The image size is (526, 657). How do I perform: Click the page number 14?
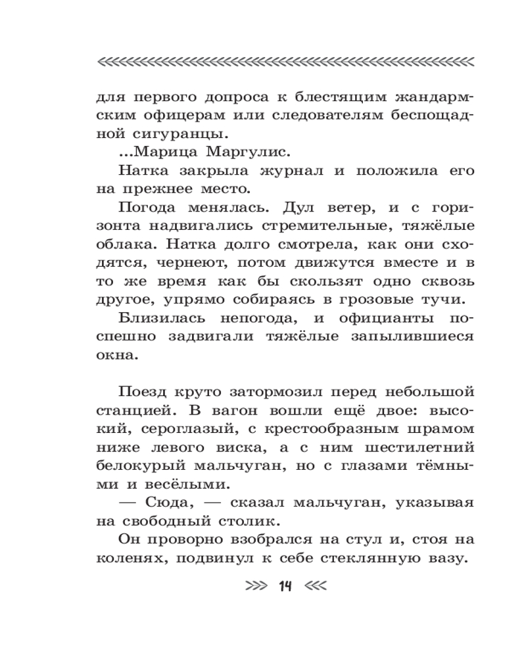pos(285,586)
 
